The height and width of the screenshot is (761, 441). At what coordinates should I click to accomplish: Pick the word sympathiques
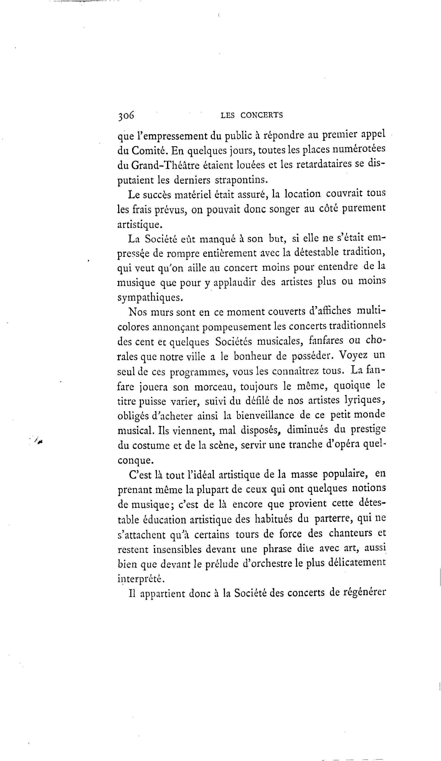[150, 297]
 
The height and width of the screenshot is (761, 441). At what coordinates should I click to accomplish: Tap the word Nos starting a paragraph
[138, 312]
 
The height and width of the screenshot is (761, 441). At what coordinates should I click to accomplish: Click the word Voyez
[353, 355]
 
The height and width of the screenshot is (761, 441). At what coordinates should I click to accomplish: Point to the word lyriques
[365, 400]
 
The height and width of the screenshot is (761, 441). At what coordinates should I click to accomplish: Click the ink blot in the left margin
[39, 441]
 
